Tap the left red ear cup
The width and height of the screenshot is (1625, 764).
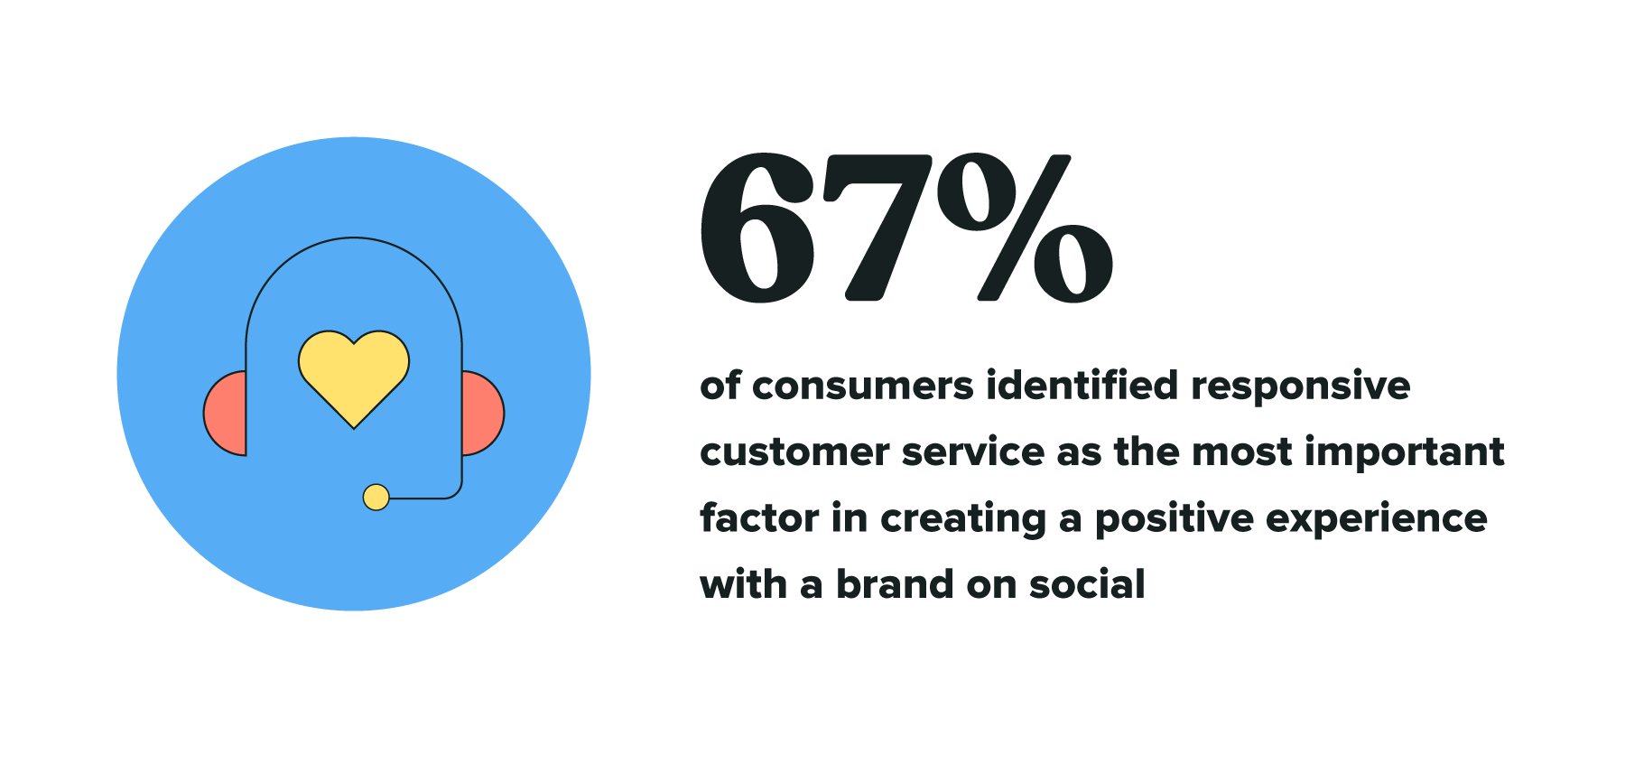pos(226,413)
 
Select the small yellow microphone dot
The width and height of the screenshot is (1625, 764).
pos(376,497)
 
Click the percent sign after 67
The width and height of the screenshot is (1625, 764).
pos(1025,228)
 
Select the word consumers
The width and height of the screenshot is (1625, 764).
pos(863,387)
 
